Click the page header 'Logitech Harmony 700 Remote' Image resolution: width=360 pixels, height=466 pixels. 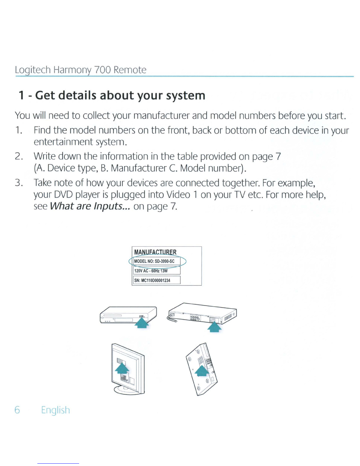tap(81, 70)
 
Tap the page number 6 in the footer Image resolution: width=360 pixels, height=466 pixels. tap(17, 410)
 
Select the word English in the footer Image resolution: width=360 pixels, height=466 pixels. tap(56, 410)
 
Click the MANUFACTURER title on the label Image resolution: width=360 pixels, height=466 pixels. tap(155, 252)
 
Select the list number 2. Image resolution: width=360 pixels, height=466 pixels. tap(19, 156)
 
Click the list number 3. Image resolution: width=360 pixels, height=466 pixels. tap(19, 183)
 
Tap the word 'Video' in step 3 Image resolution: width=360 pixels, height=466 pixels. tap(178, 195)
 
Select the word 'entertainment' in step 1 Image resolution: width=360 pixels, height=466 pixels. tap(63, 142)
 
